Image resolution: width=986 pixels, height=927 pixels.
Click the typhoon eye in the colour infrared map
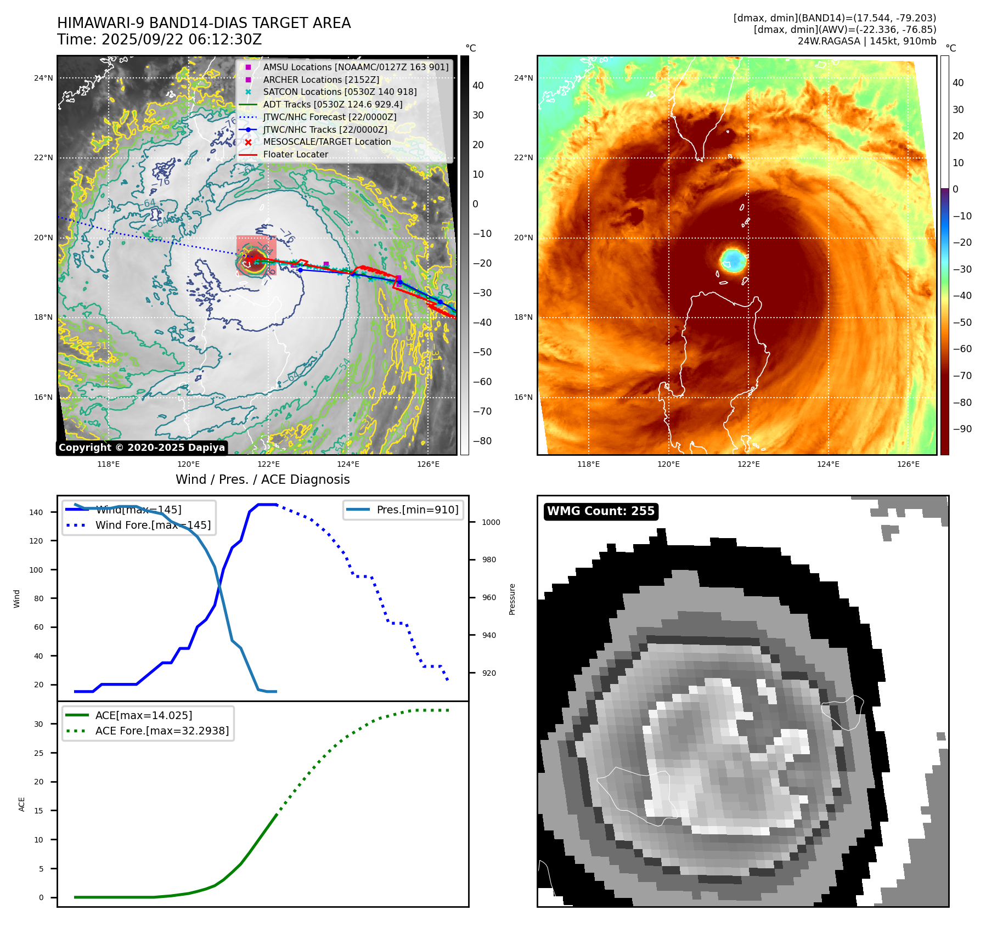tap(733, 260)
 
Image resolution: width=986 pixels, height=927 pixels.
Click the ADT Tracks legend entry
tap(333, 104)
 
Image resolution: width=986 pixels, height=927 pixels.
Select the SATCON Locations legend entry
tap(340, 92)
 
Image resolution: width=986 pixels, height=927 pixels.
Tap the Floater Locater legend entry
tap(295, 155)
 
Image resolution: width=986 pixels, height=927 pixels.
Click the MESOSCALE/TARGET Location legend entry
tap(327, 142)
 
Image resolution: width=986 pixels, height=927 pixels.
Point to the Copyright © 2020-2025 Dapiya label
tap(142, 448)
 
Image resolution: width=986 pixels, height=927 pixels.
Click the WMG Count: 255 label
tap(601, 511)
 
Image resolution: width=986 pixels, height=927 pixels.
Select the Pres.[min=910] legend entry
tap(417, 510)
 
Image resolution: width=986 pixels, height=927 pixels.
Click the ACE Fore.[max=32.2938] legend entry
tap(162, 731)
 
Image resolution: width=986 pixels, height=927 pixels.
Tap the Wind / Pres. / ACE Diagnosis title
tap(262, 479)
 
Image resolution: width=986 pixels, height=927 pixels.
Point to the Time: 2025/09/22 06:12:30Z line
tap(159, 40)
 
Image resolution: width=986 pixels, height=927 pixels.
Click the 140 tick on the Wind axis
tap(36, 512)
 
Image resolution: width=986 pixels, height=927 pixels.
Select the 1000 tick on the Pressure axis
tap(491, 522)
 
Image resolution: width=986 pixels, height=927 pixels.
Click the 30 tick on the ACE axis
tap(38, 724)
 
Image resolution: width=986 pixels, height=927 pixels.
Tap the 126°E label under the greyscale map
tap(428, 465)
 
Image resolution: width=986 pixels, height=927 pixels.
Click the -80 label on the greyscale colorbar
tap(482, 441)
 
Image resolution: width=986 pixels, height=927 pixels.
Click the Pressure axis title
tap(512, 599)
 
